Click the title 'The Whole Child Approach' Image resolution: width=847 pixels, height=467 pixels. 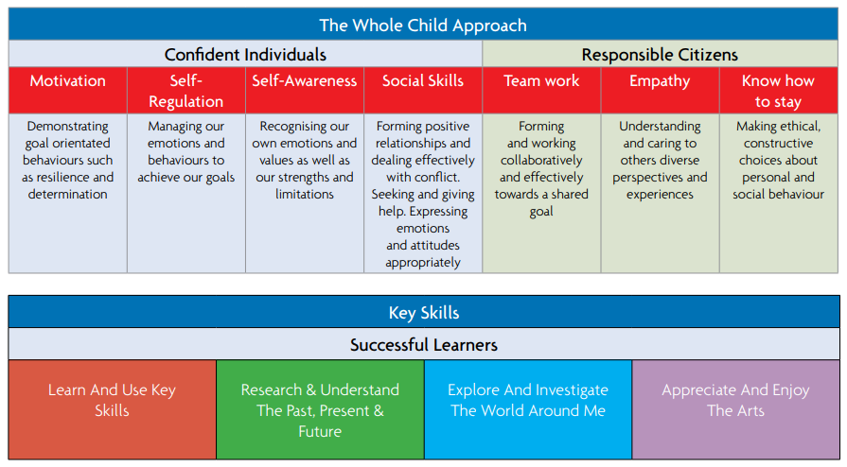click(x=423, y=26)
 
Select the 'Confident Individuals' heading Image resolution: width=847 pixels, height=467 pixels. click(x=245, y=55)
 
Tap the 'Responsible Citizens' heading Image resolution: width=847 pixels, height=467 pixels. click(x=660, y=55)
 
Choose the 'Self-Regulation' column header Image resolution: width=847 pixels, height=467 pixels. click(x=185, y=91)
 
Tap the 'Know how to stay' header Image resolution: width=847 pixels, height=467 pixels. click(x=778, y=91)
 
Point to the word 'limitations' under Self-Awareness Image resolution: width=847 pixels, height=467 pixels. click(x=305, y=194)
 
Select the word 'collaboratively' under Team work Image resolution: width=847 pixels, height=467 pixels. click(x=541, y=161)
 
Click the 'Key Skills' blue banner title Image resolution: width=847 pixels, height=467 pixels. click(x=424, y=313)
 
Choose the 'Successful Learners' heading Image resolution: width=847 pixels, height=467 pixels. click(x=424, y=345)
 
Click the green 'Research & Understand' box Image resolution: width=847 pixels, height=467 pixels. click(x=320, y=409)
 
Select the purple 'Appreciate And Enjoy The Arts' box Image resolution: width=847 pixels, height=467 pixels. click(x=735, y=409)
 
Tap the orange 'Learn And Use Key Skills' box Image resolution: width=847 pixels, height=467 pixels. click(x=113, y=409)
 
